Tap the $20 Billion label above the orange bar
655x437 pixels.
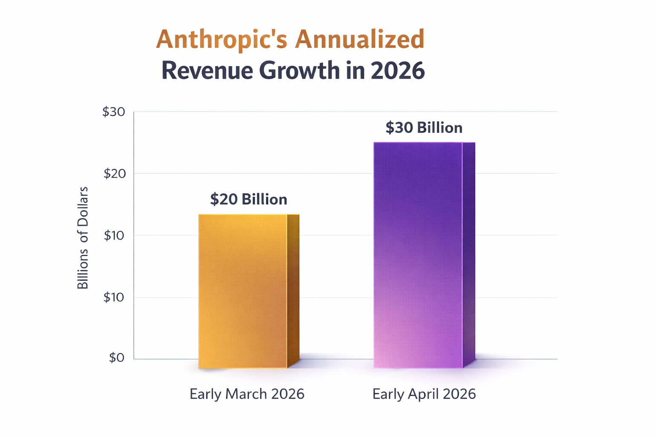249,199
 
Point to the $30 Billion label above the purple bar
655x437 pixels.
424,128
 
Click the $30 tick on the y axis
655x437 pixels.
113,112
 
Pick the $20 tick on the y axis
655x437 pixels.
114,174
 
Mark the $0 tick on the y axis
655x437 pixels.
116,358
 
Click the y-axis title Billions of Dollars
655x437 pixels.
83,238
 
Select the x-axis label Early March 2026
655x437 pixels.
247,394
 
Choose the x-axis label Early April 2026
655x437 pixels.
424,394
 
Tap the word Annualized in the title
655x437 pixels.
359,39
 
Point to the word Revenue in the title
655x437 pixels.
207,70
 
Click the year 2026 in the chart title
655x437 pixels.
397,70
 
